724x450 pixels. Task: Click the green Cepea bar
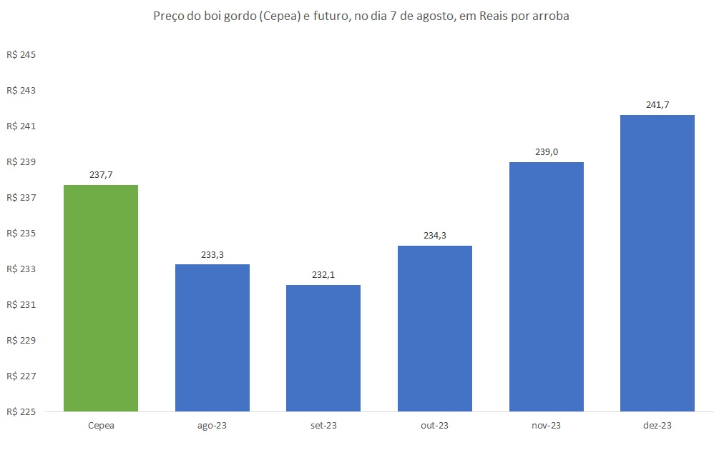pyautogui.click(x=101, y=298)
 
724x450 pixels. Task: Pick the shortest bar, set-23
pyautogui.click(x=323, y=348)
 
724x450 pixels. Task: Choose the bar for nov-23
pyautogui.click(x=547, y=286)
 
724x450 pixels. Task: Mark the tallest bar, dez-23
pyautogui.click(x=657, y=263)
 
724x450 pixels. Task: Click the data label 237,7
pyautogui.click(x=101, y=175)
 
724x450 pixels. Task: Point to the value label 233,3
pyautogui.click(x=212, y=254)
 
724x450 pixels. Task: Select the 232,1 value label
pyautogui.click(x=323, y=275)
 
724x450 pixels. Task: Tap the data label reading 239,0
pyautogui.click(x=547, y=152)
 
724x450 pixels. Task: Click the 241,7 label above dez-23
pyautogui.click(x=657, y=105)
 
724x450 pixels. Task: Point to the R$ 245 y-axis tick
pyautogui.click(x=21, y=55)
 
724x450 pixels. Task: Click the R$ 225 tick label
pyautogui.click(x=21, y=411)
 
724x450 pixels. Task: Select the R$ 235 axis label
pyautogui.click(x=21, y=234)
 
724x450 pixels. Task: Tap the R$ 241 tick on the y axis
pyautogui.click(x=21, y=126)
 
